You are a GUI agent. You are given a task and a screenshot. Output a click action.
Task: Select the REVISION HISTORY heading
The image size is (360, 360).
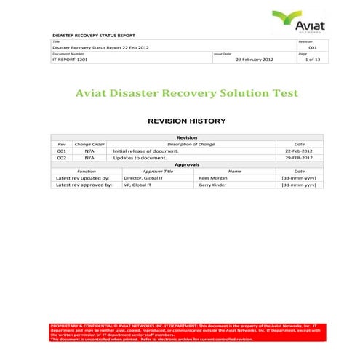pyautogui.click(x=187, y=121)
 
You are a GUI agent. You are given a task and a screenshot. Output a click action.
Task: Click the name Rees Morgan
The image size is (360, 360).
pyautogui.click(x=212, y=177)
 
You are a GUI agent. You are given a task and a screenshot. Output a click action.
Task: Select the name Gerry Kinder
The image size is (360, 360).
pyautogui.click(x=212, y=185)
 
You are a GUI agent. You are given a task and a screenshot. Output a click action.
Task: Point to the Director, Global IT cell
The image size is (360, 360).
pyautogui.click(x=143, y=177)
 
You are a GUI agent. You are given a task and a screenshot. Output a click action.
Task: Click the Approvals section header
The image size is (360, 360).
pyautogui.click(x=187, y=164)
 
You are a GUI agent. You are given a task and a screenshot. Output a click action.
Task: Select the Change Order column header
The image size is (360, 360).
pyautogui.click(x=89, y=144)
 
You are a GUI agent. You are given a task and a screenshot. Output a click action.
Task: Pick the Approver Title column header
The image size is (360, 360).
pyautogui.click(x=158, y=171)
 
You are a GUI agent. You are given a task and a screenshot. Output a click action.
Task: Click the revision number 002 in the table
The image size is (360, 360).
pyautogui.click(x=62, y=157)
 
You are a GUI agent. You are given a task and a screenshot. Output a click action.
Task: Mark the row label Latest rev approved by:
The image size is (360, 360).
pyautogui.click(x=83, y=185)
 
